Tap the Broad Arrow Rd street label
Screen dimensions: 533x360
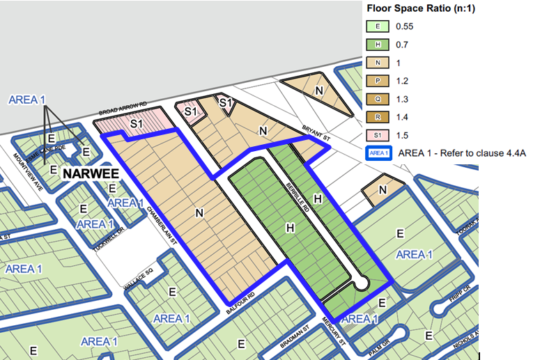pyautogui.click(x=123, y=108)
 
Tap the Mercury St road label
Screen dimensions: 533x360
pyautogui.click(x=334, y=331)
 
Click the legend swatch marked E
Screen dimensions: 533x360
pyautogui.click(x=378, y=27)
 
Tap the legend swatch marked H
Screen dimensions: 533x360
pyautogui.click(x=378, y=45)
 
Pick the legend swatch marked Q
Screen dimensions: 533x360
pyautogui.click(x=378, y=99)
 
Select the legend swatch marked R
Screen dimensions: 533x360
pyautogui.click(x=378, y=117)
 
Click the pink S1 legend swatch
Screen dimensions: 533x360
pyautogui.click(x=378, y=135)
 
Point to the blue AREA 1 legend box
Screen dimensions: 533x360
pyautogui.click(x=378, y=153)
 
